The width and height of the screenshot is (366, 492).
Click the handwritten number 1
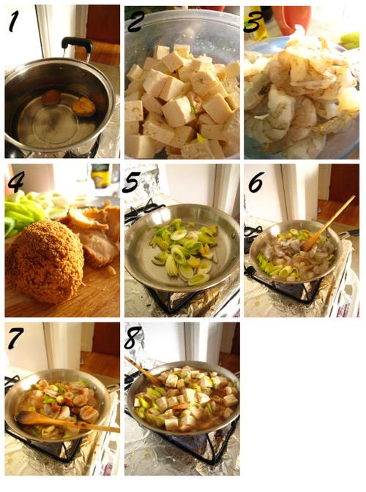[x=13, y=21]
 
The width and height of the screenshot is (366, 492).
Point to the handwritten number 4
[x=15, y=181]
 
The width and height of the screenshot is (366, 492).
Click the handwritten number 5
[x=132, y=182]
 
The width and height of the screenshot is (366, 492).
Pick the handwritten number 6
[x=256, y=182]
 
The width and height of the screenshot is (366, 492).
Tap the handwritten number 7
[x=15, y=338]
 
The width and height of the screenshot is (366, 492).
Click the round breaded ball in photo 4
[x=45, y=262]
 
